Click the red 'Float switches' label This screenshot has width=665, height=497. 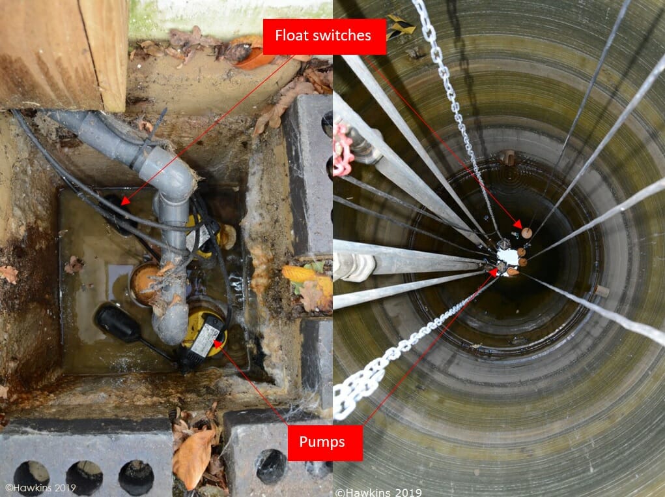coord(324,37)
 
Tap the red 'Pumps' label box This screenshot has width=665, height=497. coord(325,443)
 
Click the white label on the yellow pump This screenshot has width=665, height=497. coord(205,340)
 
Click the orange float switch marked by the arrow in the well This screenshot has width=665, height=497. coord(527,233)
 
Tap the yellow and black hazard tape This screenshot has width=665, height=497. coord(401,25)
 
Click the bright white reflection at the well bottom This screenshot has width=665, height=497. coord(507,256)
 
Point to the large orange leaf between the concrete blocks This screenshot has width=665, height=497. coord(193,458)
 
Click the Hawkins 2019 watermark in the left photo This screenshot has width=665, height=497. coord(41,488)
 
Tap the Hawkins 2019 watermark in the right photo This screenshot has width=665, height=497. coord(378,492)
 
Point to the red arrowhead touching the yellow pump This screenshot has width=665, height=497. coord(218,343)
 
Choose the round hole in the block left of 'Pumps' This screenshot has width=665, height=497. coord(270,466)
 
